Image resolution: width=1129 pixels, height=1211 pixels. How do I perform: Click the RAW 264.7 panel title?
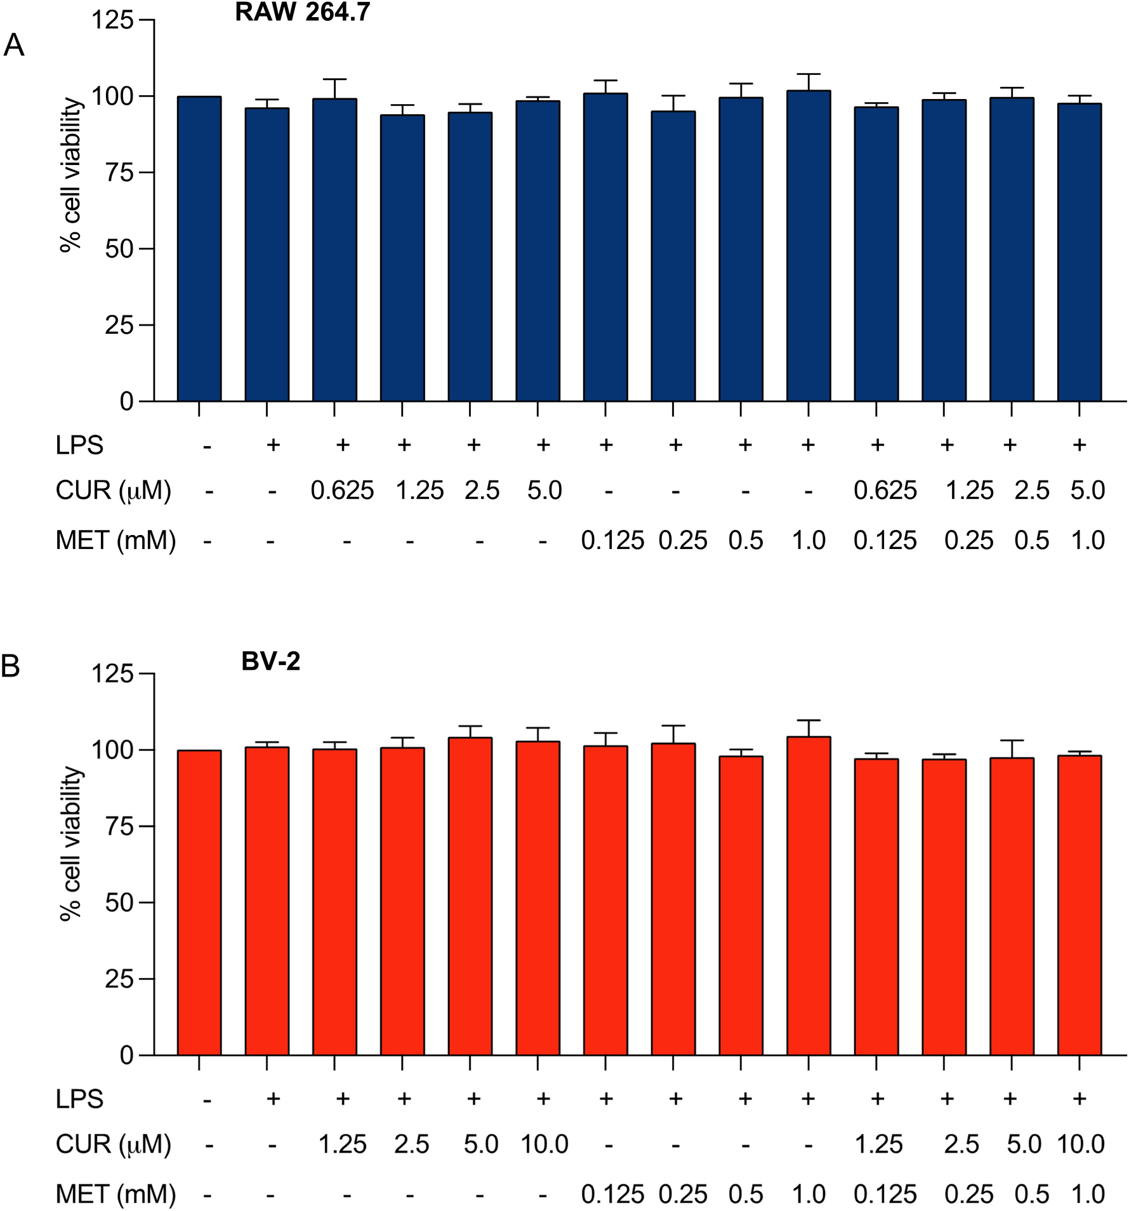(x=302, y=13)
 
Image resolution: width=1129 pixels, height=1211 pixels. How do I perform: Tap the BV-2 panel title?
(x=270, y=661)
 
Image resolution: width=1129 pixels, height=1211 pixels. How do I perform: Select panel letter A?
(x=14, y=46)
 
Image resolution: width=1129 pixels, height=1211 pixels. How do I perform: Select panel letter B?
(x=11, y=666)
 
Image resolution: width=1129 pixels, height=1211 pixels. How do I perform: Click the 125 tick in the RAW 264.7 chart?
(x=113, y=20)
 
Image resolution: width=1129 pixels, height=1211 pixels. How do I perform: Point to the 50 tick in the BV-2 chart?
(x=119, y=903)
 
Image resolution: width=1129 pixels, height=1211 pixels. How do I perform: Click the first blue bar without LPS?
(x=199, y=249)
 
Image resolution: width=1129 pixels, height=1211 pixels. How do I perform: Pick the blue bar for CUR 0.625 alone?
(x=334, y=250)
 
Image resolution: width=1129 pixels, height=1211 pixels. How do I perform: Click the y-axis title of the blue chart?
(x=72, y=175)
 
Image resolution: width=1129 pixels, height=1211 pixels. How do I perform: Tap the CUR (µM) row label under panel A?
(x=114, y=491)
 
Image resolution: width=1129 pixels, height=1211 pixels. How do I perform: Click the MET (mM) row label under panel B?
(x=116, y=1194)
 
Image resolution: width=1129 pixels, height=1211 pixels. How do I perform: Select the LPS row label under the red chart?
(x=79, y=1099)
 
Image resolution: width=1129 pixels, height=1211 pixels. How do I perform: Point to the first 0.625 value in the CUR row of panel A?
(x=342, y=491)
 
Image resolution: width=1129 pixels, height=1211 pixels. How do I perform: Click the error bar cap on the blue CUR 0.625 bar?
(x=334, y=79)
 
